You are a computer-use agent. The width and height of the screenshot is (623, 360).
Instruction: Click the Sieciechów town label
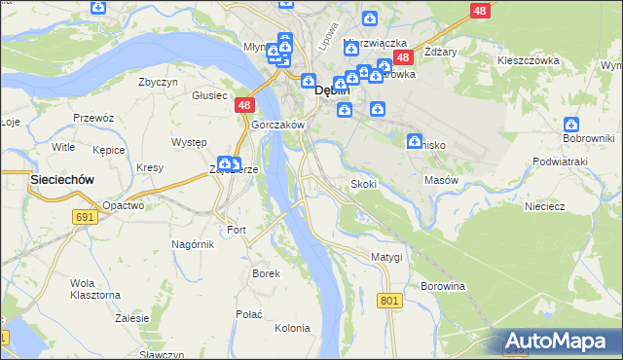click(x=35, y=180)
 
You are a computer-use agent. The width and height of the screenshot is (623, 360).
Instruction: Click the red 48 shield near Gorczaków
click(x=244, y=105)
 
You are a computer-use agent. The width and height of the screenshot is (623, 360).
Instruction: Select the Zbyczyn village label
click(x=159, y=83)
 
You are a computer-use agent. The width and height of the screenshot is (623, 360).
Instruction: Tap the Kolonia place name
click(x=292, y=328)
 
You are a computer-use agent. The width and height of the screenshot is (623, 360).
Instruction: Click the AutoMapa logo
click(x=561, y=341)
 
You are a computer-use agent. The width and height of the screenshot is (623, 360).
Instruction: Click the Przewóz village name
click(x=93, y=117)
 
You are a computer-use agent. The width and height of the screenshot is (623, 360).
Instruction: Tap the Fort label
click(x=237, y=230)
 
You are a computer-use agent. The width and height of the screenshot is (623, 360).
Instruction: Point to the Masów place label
click(x=441, y=180)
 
